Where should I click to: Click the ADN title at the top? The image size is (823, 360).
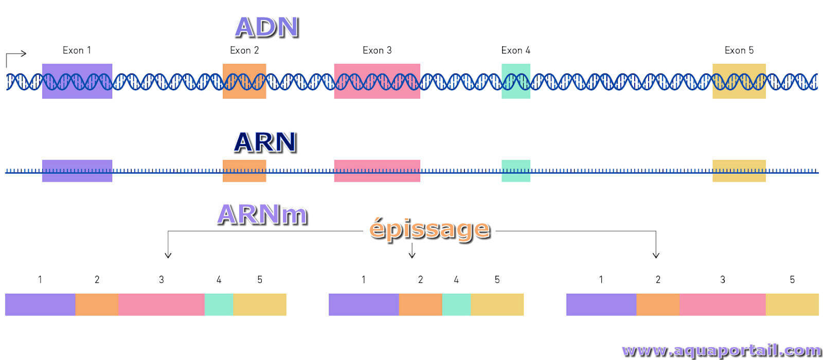tap(267, 28)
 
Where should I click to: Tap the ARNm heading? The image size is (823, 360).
tap(262, 214)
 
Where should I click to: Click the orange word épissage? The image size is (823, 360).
tap(430, 229)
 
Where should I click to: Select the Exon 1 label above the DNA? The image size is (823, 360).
tap(77, 50)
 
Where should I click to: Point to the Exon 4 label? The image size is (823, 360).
tap(516, 50)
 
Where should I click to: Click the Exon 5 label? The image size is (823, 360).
tap(739, 50)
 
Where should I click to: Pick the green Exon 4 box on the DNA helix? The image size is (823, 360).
tap(516, 81)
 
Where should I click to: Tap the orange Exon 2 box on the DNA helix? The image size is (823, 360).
tap(244, 81)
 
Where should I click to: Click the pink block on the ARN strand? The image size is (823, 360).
tap(377, 171)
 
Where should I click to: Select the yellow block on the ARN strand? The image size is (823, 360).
tap(739, 171)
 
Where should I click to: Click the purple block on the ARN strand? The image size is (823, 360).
tap(77, 171)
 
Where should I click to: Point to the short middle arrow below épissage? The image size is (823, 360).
tap(412, 250)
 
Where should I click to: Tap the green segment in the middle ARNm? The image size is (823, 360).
tap(456, 304)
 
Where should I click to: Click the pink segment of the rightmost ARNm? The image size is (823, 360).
tap(723, 304)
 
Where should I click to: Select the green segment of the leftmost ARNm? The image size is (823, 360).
tap(219, 304)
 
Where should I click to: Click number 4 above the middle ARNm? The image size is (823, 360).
tap(456, 280)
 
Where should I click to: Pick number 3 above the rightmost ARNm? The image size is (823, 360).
tap(723, 280)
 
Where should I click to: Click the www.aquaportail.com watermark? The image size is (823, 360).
tap(722, 351)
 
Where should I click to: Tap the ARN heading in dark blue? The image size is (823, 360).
tap(265, 142)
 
